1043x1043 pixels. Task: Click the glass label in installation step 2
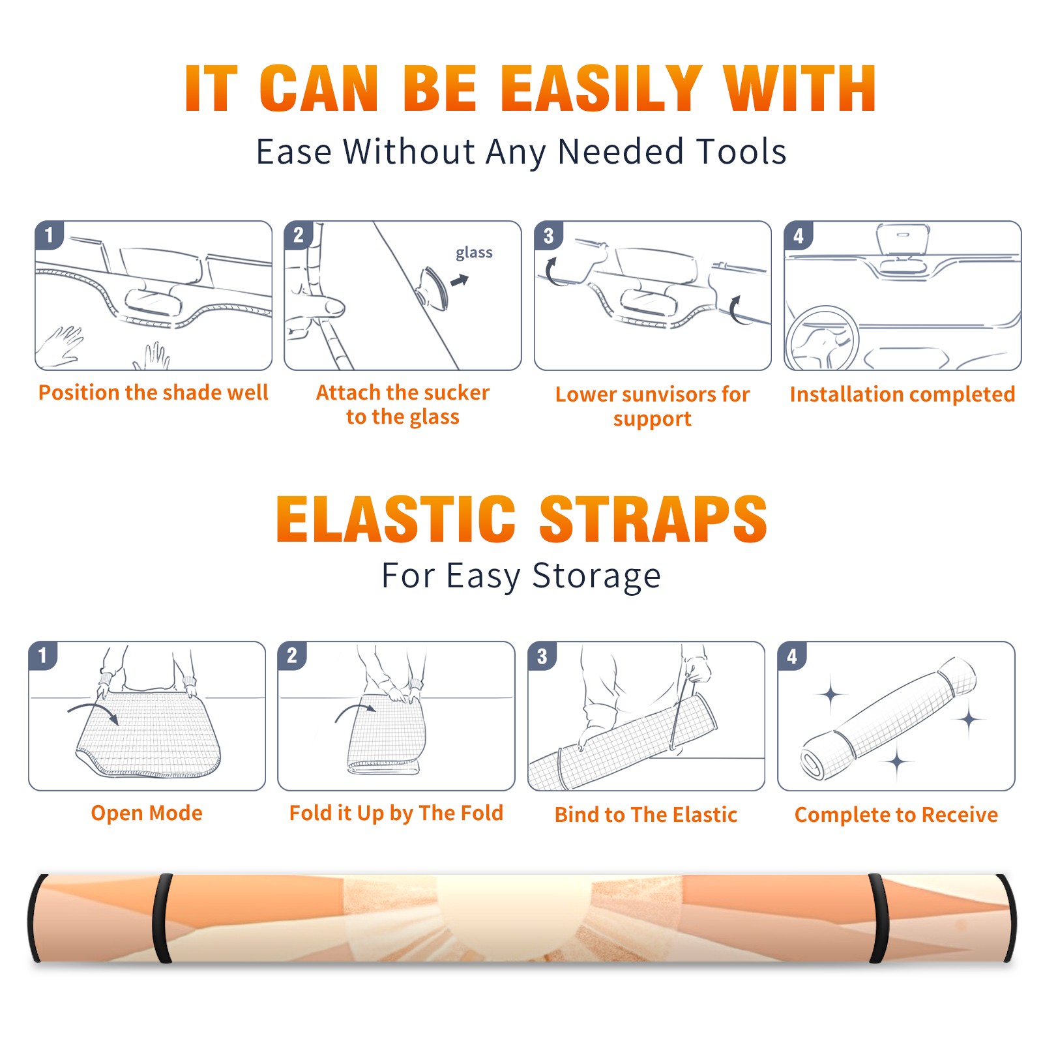[474, 253]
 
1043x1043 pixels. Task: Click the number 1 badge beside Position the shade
[50, 235]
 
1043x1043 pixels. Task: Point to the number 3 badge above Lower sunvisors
[549, 235]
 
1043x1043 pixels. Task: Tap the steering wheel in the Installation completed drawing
[822, 339]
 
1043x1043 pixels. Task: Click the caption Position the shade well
[153, 392]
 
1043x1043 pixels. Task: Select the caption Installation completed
[902, 394]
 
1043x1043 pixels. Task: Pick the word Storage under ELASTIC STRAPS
[596, 576]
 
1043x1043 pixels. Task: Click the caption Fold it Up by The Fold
[396, 814]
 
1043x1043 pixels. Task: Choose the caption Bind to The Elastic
[646, 815]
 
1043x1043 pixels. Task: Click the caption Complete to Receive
[896, 815]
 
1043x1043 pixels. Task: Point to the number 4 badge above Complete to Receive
[793, 656]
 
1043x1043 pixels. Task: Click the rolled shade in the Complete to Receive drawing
[889, 718]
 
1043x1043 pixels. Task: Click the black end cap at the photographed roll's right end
[1008, 917]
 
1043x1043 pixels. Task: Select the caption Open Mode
[147, 813]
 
